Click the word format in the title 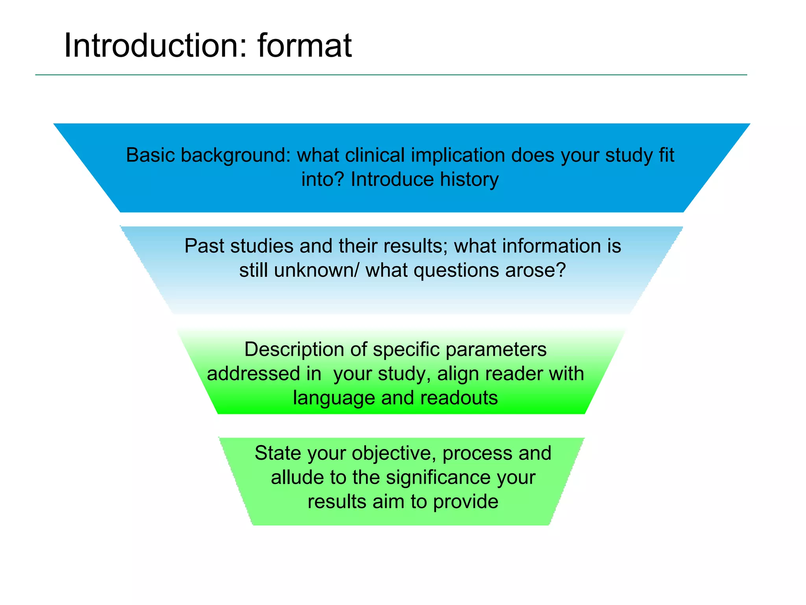click(305, 46)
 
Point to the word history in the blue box click(469, 180)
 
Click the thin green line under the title click(391, 75)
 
